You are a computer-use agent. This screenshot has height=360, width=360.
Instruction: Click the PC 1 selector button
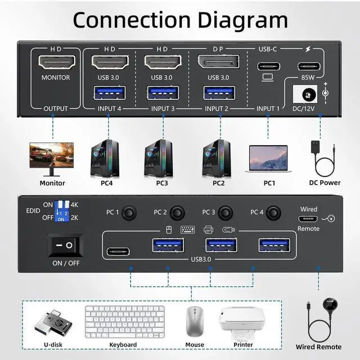[130, 213]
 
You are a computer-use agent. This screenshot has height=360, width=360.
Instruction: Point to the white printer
[243, 322]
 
